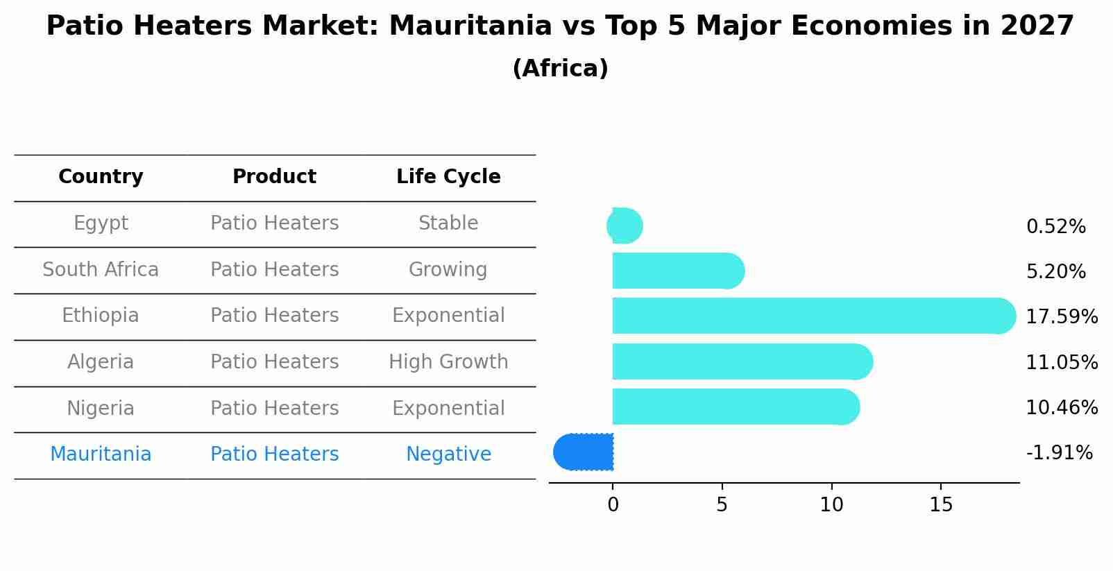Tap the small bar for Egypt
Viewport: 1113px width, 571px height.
(625, 225)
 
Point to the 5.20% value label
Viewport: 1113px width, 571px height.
(1055, 271)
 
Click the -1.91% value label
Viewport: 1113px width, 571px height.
(1059, 453)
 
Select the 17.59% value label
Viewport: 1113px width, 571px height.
(1062, 317)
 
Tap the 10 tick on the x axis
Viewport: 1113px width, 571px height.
(831, 505)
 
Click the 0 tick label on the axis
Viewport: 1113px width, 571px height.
(613, 505)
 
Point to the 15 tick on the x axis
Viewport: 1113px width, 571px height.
(941, 505)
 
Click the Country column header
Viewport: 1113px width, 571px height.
(101, 177)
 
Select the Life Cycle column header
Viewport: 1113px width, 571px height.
(448, 177)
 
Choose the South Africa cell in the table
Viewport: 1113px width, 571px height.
(101, 269)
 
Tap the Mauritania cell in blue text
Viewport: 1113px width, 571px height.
(101, 454)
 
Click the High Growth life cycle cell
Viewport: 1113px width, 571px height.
(448, 362)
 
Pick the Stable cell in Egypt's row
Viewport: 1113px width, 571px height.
(448, 223)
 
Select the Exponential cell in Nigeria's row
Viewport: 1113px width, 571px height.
(448, 408)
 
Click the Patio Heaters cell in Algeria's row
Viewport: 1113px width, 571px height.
(275, 362)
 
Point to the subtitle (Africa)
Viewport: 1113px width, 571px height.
(560, 69)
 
